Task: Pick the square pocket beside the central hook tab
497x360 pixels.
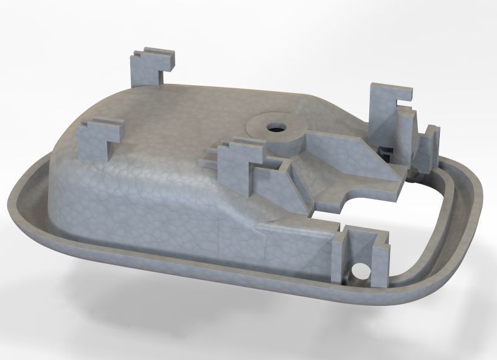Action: [279, 163]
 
